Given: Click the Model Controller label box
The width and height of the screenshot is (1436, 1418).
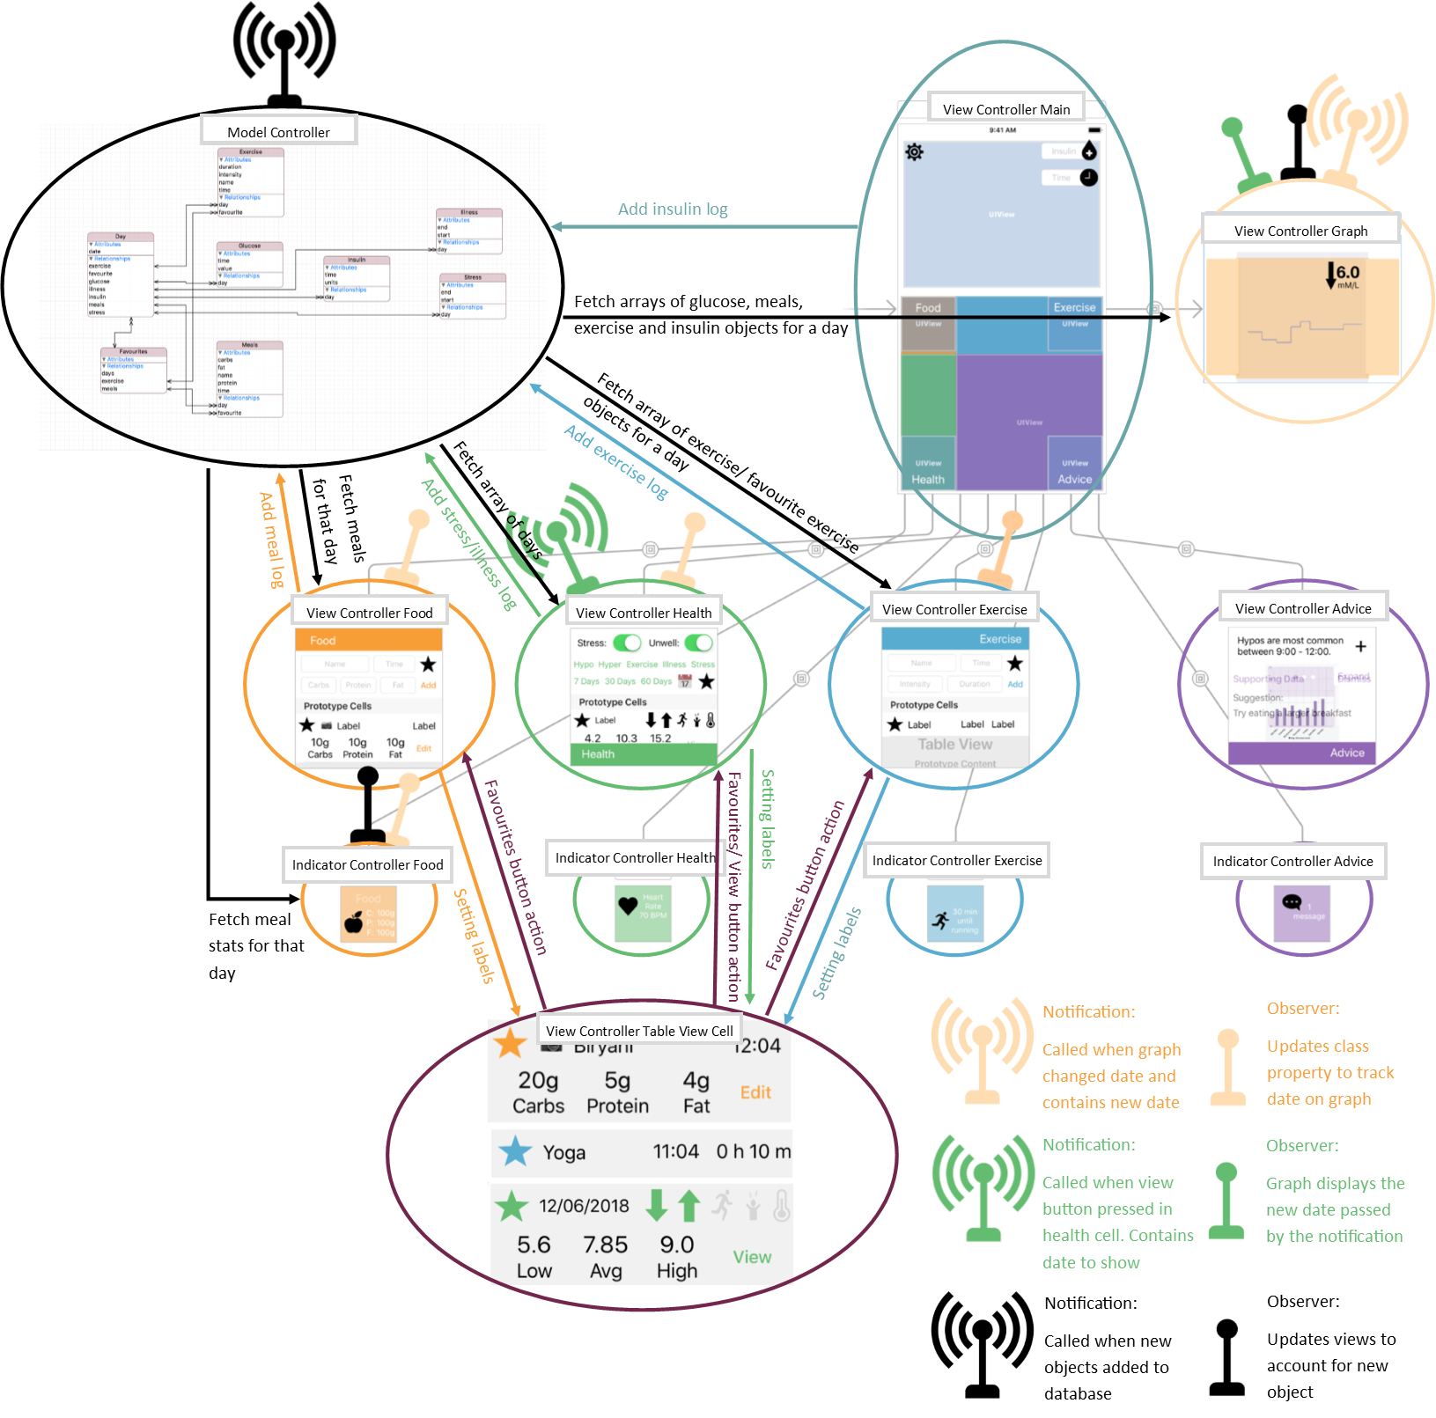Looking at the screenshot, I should (x=278, y=132).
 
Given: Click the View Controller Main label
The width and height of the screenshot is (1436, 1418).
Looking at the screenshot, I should (x=1006, y=109).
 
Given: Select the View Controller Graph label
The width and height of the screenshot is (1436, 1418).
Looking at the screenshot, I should (x=1300, y=231).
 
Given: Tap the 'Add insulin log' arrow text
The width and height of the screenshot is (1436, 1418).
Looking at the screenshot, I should (x=673, y=209).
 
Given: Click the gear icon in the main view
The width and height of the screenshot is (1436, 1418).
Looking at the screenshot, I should (x=915, y=152).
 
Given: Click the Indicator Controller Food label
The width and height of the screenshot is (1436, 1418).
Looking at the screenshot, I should (x=367, y=864).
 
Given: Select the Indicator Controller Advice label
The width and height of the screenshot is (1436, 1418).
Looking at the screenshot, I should (x=1292, y=861).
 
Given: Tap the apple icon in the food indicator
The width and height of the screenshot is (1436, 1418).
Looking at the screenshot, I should (x=354, y=922).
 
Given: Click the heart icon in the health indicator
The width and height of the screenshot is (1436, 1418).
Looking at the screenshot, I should (x=628, y=905).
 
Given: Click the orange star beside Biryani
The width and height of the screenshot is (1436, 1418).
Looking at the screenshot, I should (x=510, y=1044).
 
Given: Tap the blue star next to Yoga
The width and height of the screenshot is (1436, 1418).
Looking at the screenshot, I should (x=515, y=1151).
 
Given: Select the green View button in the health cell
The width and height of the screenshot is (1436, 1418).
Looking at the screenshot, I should (x=752, y=1257).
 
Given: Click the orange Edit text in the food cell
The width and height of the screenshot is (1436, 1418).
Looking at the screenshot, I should (x=755, y=1092).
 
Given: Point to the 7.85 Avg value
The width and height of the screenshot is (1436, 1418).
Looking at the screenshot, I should (x=605, y=1256).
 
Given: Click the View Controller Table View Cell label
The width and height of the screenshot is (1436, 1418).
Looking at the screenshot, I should (x=639, y=1031).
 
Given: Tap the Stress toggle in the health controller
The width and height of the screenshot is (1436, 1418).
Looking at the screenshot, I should (x=627, y=643).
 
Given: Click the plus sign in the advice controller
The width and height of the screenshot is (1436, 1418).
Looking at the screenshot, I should (x=1360, y=646).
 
